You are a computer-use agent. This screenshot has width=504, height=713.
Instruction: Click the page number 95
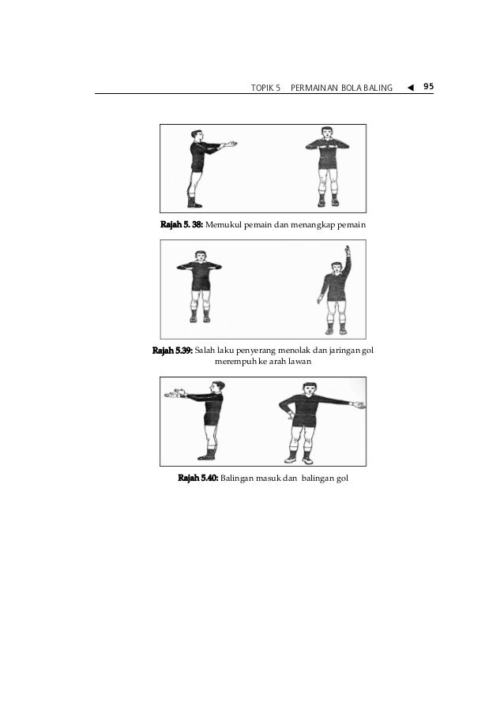[428, 86]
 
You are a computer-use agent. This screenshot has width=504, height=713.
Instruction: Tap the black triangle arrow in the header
[411, 88]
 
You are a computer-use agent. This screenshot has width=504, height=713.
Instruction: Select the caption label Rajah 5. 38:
[182, 224]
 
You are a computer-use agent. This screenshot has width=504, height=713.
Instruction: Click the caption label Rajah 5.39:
[172, 351]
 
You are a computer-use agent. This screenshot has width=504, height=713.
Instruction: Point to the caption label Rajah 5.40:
[197, 478]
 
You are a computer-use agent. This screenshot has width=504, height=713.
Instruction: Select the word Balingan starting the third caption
[237, 478]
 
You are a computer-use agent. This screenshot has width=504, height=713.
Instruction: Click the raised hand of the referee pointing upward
[347, 250]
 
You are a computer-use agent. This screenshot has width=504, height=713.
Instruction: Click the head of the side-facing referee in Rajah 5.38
[197, 136]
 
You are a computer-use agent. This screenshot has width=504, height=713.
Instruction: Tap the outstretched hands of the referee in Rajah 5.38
[229, 144]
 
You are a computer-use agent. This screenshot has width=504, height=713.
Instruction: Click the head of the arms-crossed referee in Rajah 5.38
[327, 133]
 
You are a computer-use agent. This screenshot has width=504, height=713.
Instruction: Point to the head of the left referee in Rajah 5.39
[200, 256]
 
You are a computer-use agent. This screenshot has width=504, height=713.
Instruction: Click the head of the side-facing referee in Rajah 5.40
[218, 387]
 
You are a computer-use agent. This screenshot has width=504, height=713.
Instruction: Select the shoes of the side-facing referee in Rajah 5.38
[194, 204]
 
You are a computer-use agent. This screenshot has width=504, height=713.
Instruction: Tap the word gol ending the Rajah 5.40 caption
[343, 478]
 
